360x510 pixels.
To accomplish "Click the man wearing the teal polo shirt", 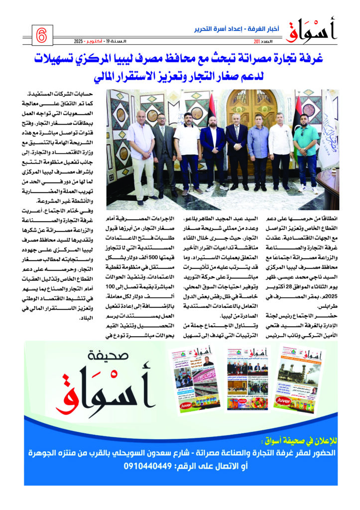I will coord(306,149).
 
